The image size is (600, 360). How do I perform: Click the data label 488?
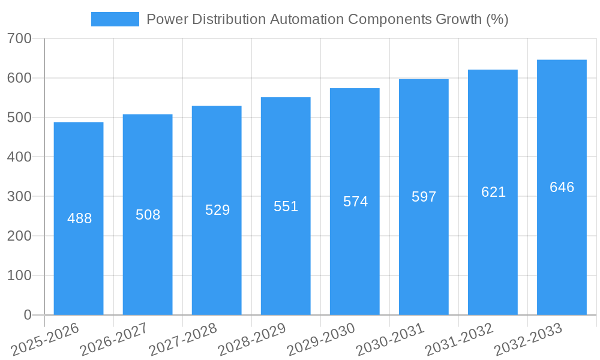pos(79,218)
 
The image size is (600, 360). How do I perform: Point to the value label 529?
pos(217,210)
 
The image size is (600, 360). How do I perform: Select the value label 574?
pos(355,202)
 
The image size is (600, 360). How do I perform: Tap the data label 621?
pos(493,192)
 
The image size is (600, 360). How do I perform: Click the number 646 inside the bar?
pos(562,187)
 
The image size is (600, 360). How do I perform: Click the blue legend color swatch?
pos(115,19)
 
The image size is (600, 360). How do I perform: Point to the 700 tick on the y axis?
pos(19,39)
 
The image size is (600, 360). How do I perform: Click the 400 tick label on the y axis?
pos(19,157)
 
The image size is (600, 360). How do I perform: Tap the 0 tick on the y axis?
pos(28,315)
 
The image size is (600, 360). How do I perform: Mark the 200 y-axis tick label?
pos(19,236)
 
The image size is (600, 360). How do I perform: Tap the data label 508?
pos(148,215)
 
